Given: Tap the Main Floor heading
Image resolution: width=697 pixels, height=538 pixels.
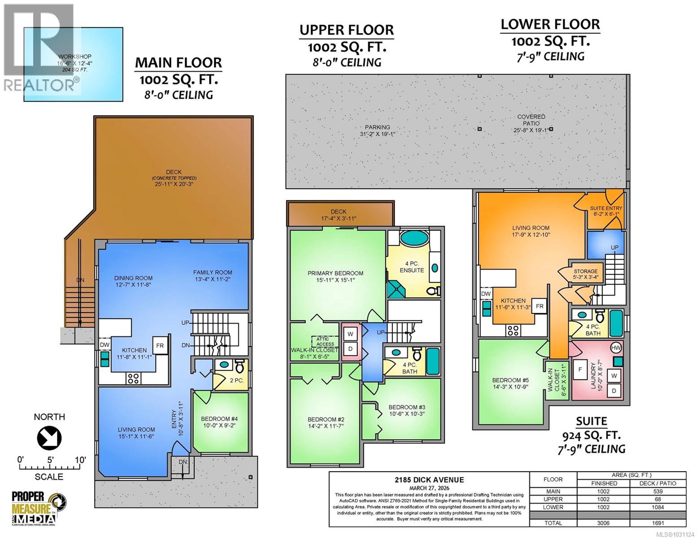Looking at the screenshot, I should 179,63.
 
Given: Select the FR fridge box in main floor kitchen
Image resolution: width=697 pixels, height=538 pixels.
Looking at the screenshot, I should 160,346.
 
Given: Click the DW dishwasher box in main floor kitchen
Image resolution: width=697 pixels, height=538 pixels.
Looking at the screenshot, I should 104,344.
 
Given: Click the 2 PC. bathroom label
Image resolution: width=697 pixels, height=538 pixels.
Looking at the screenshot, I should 237,380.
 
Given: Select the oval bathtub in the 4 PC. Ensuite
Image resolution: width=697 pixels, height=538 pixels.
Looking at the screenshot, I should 414,238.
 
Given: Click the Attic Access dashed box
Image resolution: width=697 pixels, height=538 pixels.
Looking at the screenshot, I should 325,341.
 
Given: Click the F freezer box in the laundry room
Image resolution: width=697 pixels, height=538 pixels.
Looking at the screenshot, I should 580,369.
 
